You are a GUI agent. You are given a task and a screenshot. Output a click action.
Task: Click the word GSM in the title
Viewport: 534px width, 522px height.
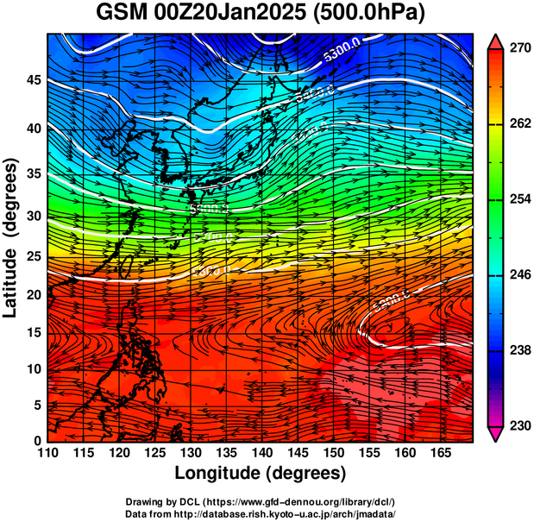pyautogui.click(x=121, y=14)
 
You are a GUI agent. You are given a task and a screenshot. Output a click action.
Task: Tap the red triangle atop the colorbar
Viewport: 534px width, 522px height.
pyautogui.click(x=497, y=42)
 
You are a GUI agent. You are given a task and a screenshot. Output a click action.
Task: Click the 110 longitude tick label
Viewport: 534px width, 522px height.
pyautogui.click(x=47, y=452)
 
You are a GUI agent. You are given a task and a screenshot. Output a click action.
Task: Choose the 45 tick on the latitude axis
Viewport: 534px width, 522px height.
pyautogui.click(x=33, y=81)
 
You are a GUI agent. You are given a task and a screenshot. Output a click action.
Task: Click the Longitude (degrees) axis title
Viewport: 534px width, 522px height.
pyautogui.click(x=261, y=473)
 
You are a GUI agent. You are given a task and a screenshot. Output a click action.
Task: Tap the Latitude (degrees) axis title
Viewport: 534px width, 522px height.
pyautogui.click(x=12, y=236)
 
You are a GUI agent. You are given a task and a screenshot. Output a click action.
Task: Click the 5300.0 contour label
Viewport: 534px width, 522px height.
pyautogui.click(x=342, y=53)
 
